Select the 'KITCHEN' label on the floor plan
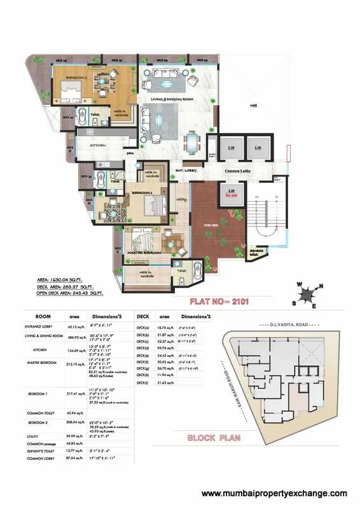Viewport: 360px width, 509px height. click(x=98, y=146)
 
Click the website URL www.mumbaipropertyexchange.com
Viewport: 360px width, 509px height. click(x=274, y=494)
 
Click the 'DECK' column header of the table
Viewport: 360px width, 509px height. click(x=143, y=315)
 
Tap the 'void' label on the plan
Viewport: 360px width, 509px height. click(x=253, y=106)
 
